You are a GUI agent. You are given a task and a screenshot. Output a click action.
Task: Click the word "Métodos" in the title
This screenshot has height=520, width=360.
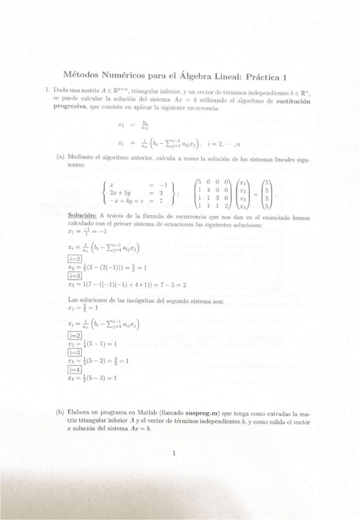coord(82,77)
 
